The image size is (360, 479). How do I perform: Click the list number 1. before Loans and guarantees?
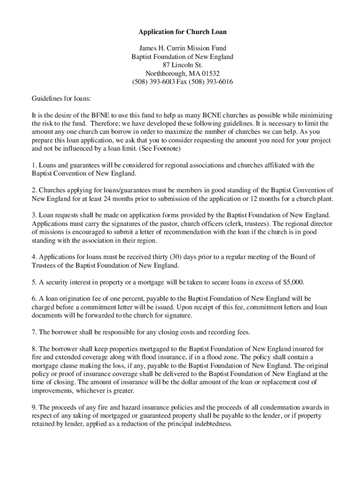34,165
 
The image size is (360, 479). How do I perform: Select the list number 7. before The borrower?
34,332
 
